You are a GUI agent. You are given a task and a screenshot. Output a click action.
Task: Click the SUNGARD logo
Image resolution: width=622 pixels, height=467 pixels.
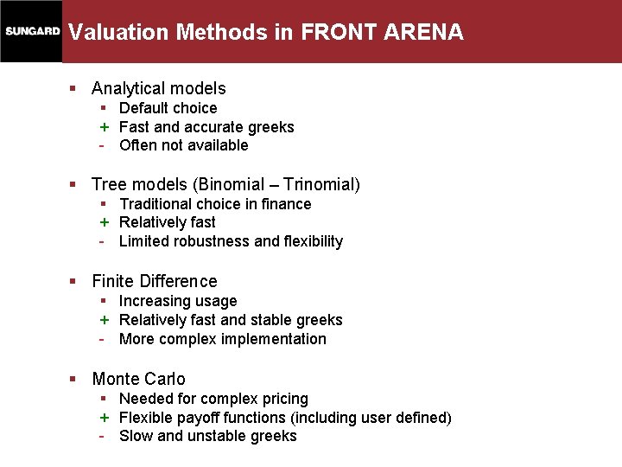(31, 32)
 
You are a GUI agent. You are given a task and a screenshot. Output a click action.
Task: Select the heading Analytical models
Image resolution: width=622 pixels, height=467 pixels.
(159, 88)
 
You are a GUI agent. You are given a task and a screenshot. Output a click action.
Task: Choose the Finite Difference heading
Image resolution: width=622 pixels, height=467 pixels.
(155, 281)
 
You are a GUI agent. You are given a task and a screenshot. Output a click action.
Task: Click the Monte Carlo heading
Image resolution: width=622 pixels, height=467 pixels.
(138, 379)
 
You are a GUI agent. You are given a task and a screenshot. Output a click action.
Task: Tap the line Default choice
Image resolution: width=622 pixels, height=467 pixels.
(168, 108)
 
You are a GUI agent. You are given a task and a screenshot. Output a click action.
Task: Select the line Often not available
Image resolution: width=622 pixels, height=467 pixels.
(183, 145)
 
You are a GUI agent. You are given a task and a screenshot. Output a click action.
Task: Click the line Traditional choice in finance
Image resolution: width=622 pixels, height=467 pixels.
(215, 204)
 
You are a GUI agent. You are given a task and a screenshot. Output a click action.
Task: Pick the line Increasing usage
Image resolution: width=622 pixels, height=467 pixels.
(178, 301)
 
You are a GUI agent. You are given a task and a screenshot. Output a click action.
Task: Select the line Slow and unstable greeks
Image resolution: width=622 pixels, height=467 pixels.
(207, 436)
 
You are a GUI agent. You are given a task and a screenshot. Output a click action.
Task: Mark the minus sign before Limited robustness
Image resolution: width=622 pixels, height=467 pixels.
(101, 241)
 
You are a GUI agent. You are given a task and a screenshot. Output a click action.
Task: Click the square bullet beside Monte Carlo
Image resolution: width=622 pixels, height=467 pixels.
(74, 378)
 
